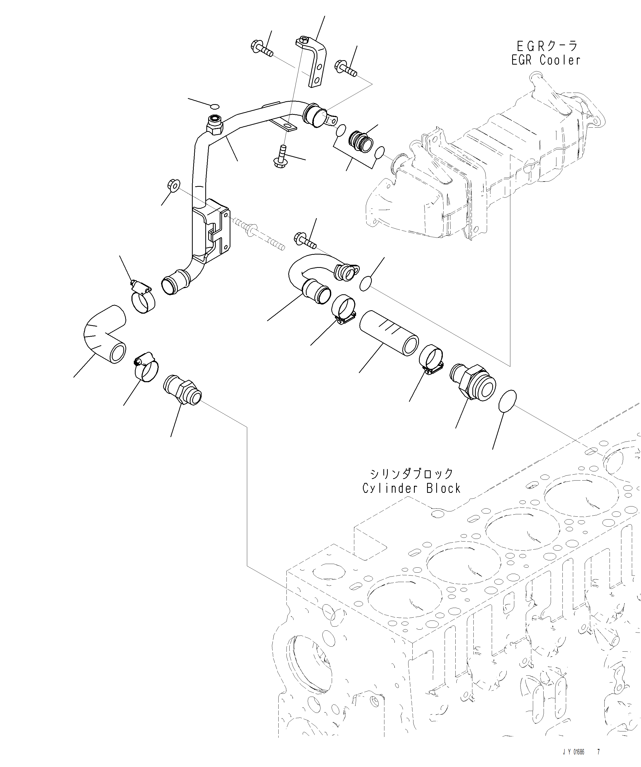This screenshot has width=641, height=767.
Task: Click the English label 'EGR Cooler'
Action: (x=546, y=60)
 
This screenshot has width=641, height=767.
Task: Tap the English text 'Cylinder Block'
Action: (x=411, y=488)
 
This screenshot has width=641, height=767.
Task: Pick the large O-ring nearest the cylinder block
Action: (x=507, y=401)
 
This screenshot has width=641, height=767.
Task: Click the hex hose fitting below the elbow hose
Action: (x=182, y=391)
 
